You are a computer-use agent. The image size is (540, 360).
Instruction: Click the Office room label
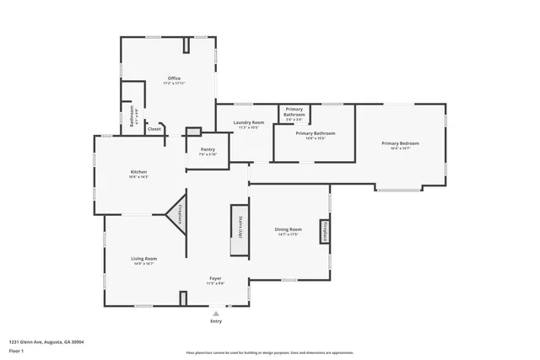[x=174, y=79]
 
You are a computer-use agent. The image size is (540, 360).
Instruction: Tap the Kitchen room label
[x=138, y=172]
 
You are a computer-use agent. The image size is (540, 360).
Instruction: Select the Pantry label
[x=208, y=150]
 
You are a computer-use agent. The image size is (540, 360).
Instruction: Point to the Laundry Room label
[x=249, y=123]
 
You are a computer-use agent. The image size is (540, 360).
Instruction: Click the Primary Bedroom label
[x=400, y=144]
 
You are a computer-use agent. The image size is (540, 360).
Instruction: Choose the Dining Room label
[x=289, y=229]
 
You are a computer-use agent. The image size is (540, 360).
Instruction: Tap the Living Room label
[x=143, y=259]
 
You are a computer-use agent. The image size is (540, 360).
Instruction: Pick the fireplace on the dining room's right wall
[x=323, y=231]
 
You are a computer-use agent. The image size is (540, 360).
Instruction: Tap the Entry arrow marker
[x=216, y=313]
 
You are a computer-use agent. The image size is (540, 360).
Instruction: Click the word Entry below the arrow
[x=216, y=321]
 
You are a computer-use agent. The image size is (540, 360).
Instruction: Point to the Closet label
[x=154, y=129]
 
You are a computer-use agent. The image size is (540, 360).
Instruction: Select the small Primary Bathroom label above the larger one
[x=294, y=113]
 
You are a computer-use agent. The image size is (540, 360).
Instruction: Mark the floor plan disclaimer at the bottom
[x=270, y=353]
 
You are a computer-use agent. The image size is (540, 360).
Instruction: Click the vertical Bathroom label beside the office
[x=132, y=119]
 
